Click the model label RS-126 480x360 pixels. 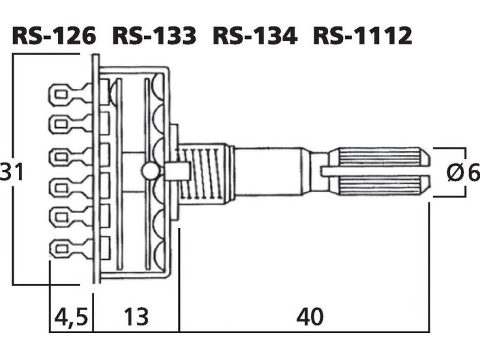pos(53,35)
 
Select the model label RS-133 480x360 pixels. pos(154,35)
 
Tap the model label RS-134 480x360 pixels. pos(254,35)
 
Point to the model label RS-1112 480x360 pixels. pos(362,35)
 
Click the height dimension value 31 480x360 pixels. pos(11,172)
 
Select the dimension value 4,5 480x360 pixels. pos(71,317)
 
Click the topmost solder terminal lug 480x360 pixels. pos(71,94)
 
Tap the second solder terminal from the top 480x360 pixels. pos(71,124)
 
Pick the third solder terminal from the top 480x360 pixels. pos(71,157)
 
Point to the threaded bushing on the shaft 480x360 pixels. pos(202,173)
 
